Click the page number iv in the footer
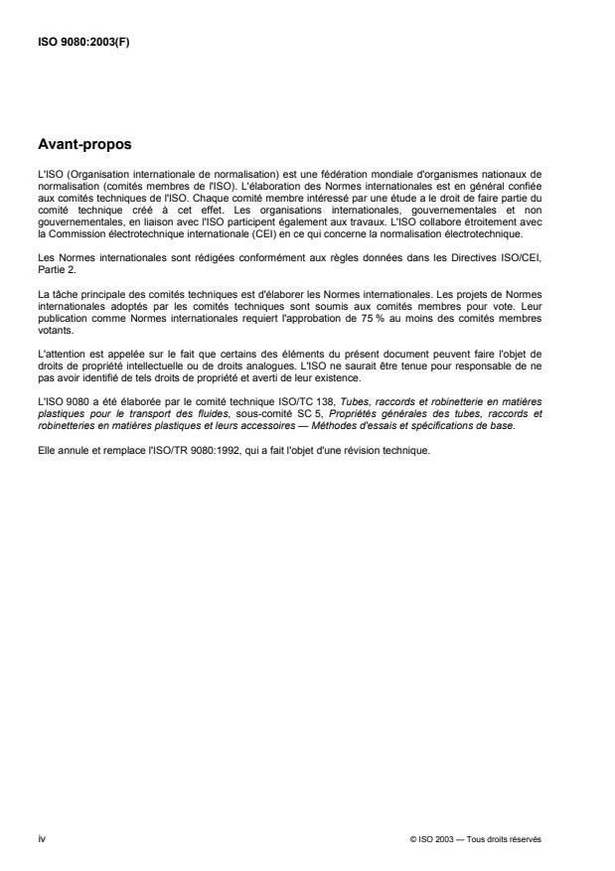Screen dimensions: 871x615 (40, 837)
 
